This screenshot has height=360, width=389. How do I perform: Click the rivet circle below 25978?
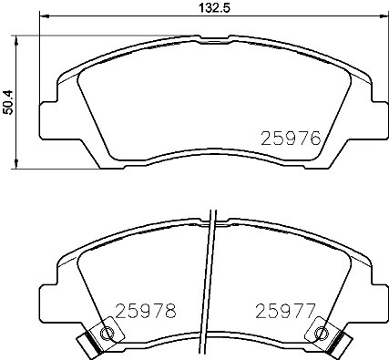pos(107,334)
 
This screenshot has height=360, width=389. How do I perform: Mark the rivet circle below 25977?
pos(319,334)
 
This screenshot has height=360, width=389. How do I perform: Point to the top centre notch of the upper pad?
pos(211,38)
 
